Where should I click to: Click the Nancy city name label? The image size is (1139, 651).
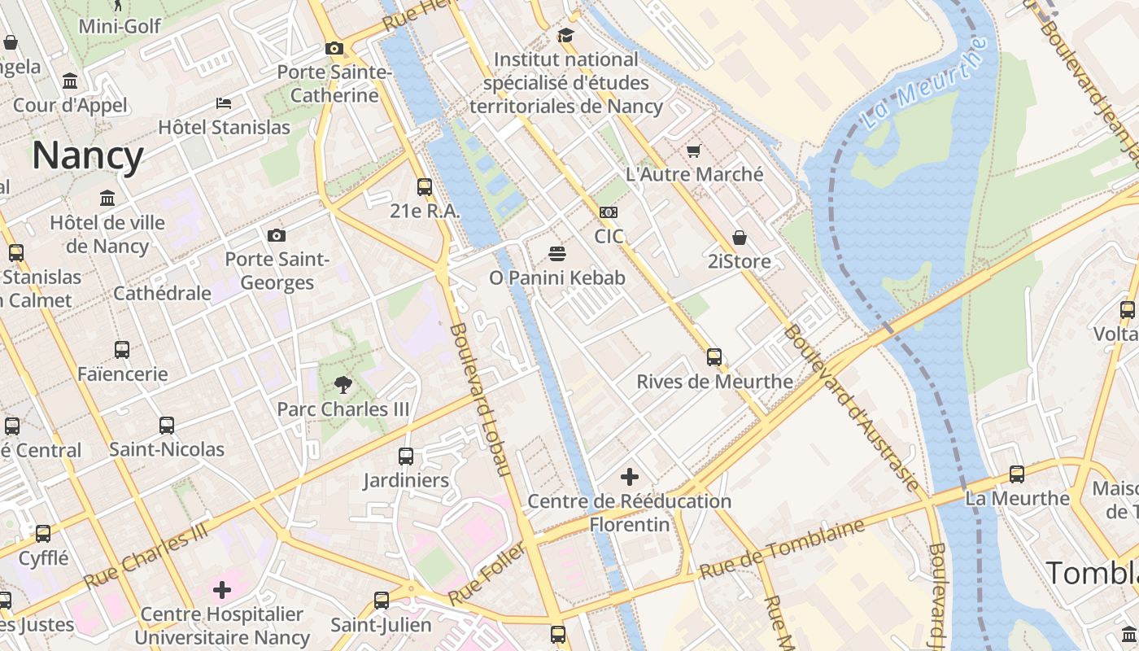point(88,155)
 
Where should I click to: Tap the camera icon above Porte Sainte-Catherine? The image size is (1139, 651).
point(334,48)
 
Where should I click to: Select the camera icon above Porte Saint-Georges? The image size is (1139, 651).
point(277,236)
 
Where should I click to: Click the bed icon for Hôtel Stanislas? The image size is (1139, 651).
point(224,103)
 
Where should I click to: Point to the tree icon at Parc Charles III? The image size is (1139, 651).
point(343,385)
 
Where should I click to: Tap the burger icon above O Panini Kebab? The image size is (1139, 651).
point(557,254)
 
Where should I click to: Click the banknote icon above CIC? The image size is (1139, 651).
point(609,212)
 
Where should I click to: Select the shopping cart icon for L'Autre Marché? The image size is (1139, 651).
point(694,151)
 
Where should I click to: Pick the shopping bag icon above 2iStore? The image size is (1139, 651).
point(740,238)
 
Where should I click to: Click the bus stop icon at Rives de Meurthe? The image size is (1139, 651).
point(714,357)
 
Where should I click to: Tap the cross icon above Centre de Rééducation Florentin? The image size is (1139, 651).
point(629,477)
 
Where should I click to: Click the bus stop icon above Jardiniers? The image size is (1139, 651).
point(406,457)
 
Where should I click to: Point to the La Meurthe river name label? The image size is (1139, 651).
point(926,83)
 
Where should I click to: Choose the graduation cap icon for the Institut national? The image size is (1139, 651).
point(565,36)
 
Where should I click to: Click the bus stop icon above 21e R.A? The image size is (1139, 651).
point(425,187)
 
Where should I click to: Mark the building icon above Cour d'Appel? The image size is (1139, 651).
point(70,81)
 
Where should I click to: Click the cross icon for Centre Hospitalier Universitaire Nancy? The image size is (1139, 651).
point(222,590)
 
